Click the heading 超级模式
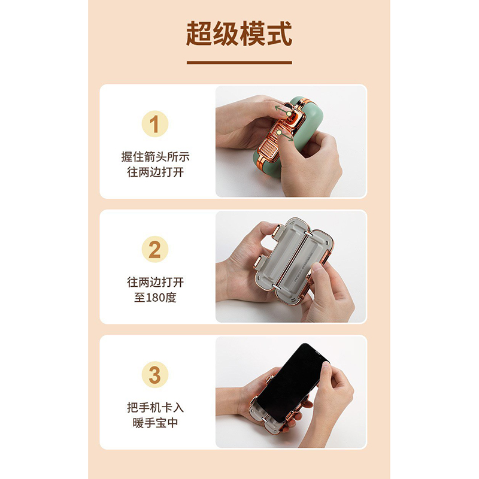tap(239, 34)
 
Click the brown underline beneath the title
tap(239, 63)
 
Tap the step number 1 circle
tap(155, 124)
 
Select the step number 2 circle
tap(155, 249)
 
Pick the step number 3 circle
tap(155, 375)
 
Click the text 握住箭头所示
tap(155, 157)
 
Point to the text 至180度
tap(155, 297)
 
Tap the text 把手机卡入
tap(155, 408)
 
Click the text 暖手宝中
tap(155, 423)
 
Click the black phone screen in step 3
tap(293, 382)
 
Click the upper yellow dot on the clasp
tap(289, 114)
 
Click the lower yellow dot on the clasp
tap(278, 132)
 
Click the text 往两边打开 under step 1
tap(155, 172)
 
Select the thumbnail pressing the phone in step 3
tap(326, 365)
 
